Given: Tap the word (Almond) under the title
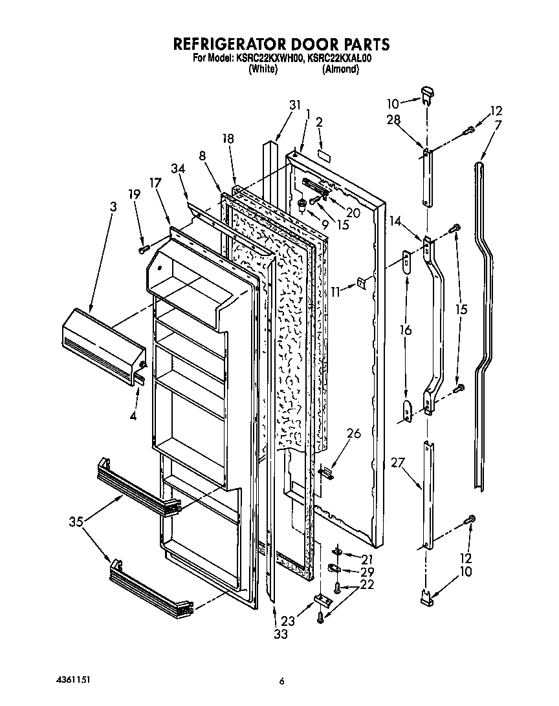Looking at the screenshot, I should pos(340,69).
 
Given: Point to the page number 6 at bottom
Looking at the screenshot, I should pos(281,680).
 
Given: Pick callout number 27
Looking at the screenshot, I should pos(397,462).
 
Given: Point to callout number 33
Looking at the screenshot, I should pos(279,634).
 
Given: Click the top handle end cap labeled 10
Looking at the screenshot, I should pos(428,93).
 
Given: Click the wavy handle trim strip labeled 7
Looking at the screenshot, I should pos(482,323).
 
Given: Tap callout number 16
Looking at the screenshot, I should pos(406,330).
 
